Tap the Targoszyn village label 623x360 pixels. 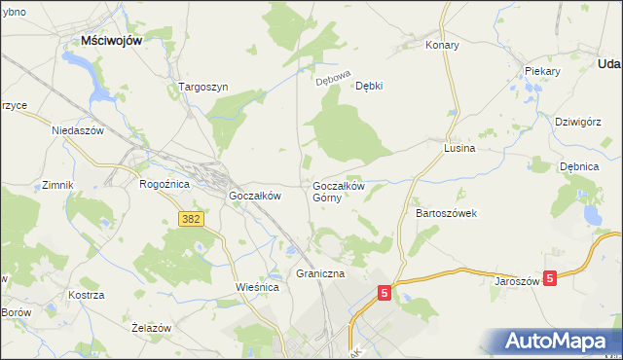[203, 87]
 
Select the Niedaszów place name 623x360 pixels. [77, 128]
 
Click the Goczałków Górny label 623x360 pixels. [338, 191]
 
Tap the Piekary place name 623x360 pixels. [542, 72]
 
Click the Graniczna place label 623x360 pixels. [320, 274]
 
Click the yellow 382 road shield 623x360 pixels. [191, 220]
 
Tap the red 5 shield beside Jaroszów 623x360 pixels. [551, 278]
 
